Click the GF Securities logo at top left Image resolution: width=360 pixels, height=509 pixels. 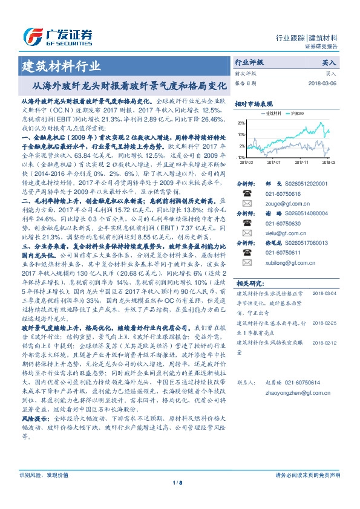[x=57, y=34]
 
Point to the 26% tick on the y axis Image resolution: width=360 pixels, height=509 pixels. [x=242, y=122]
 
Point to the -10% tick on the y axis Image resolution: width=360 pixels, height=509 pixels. [x=241, y=156]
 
